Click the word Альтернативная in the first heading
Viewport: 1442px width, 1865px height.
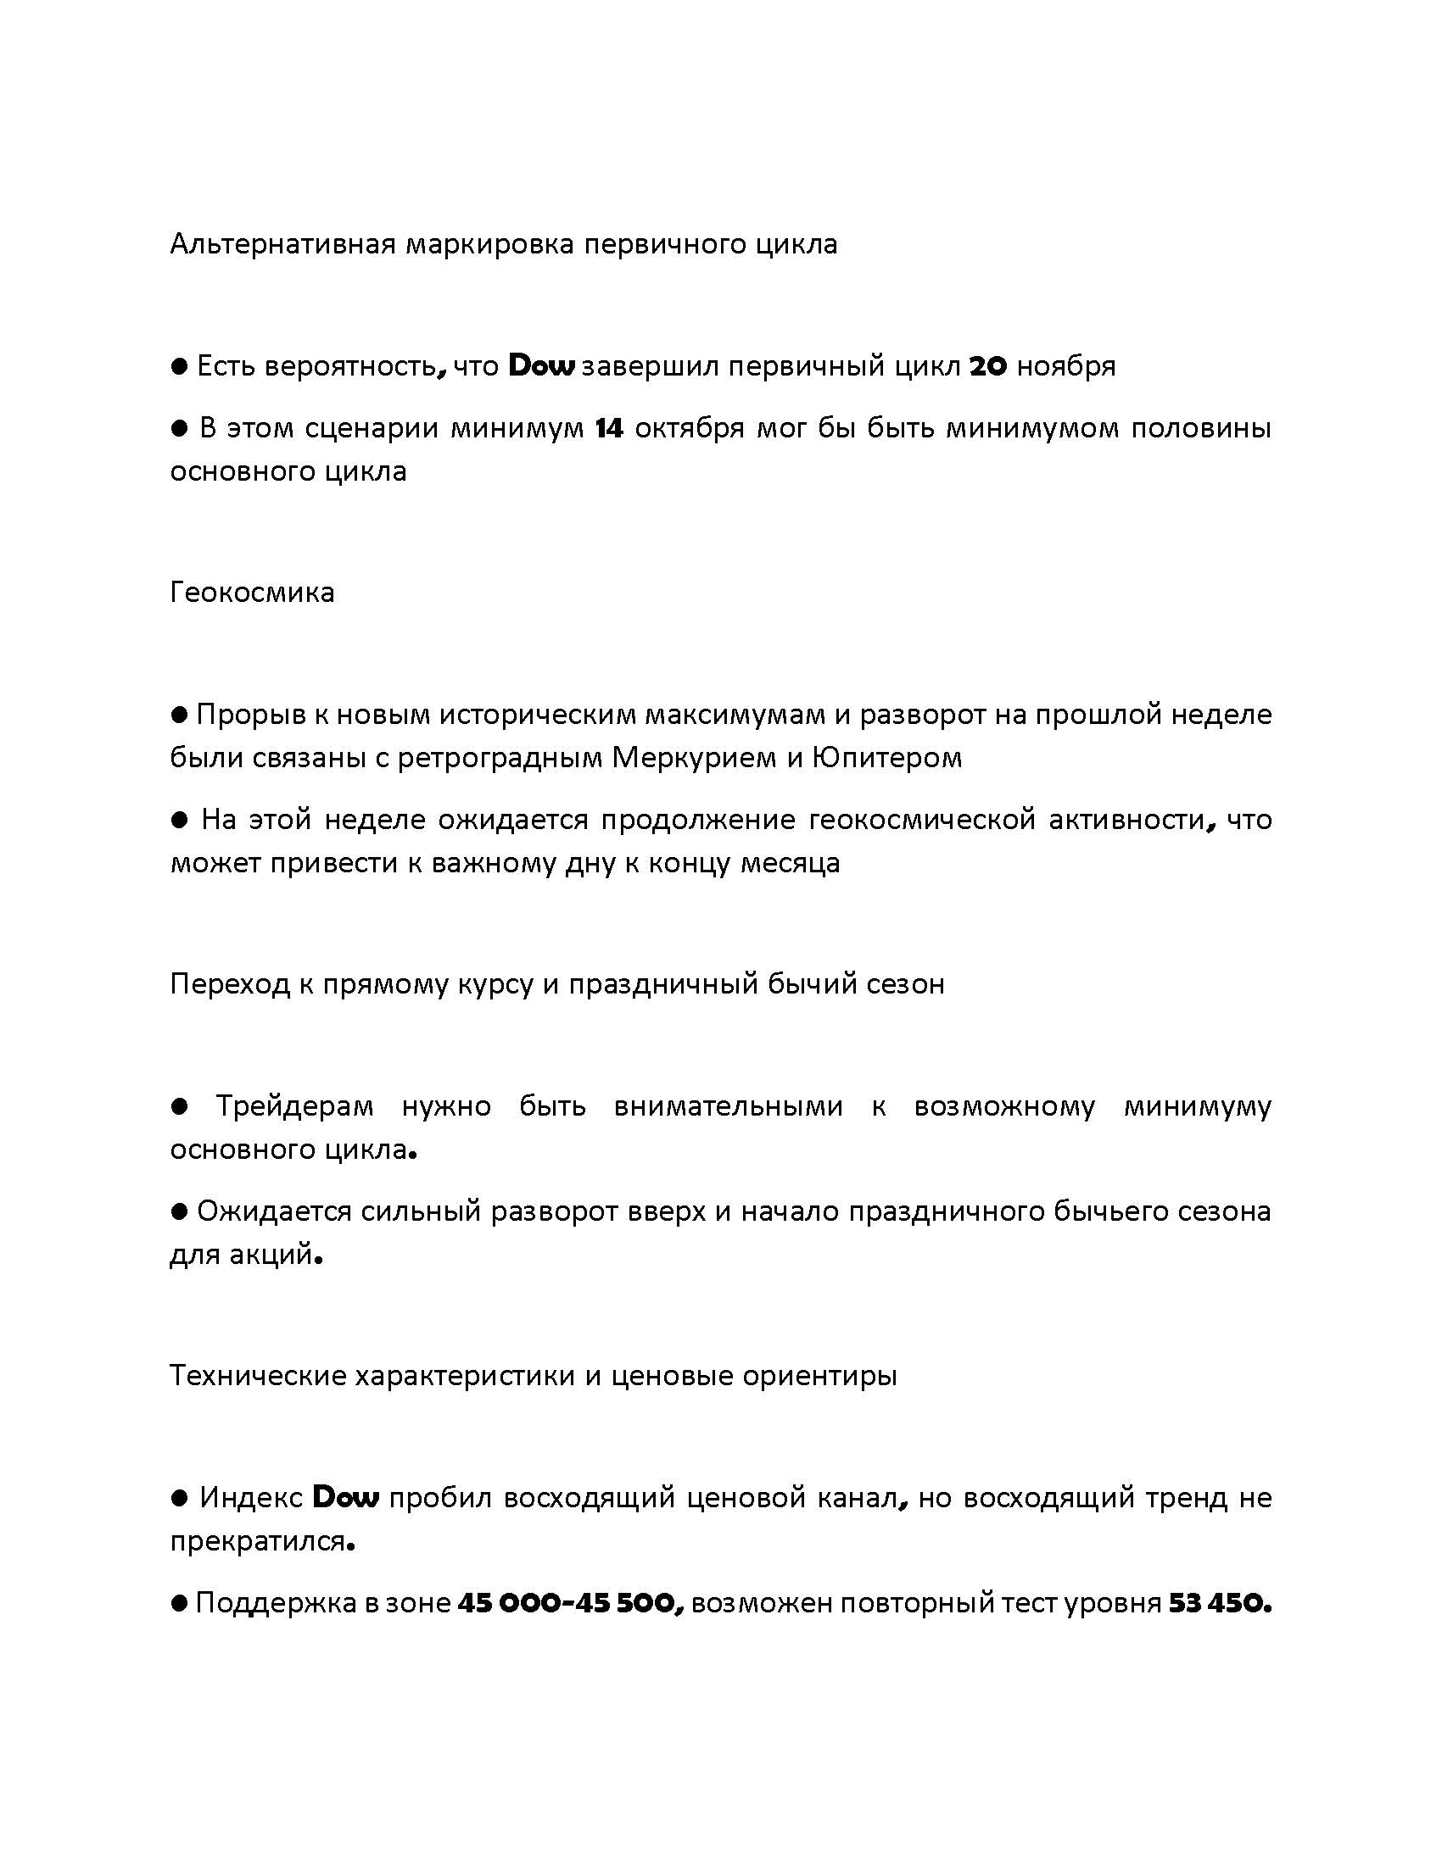[282, 244]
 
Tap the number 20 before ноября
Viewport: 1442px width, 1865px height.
[989, 366]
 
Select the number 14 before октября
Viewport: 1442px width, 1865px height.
[609, 428]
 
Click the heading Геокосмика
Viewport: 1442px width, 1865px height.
[252, 592]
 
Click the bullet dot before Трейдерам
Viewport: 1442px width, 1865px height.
[179, 1106]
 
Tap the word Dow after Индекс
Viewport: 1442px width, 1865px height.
[346, 1497]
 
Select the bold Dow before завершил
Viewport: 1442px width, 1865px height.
[542, 366]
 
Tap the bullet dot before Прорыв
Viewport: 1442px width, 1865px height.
[179, 713]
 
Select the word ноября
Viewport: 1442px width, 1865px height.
[1065, 366]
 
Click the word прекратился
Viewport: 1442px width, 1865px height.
[260, 1541]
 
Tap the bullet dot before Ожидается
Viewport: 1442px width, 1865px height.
[179, 1211]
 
